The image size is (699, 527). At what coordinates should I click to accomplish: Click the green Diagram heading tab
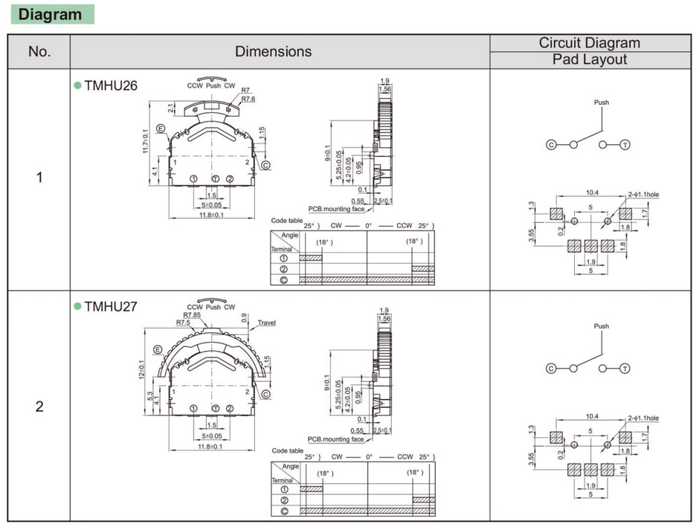(x=51, y=14)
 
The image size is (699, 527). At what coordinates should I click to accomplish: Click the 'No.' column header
(x=39, y=51)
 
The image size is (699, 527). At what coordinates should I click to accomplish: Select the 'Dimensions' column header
(x=273, y=51)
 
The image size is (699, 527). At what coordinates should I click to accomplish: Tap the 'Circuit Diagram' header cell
(x=589, y=43)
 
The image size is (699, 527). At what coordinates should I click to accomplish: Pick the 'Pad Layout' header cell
(x=589, y=59)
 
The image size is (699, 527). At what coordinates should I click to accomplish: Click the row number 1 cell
(x=39, y=178)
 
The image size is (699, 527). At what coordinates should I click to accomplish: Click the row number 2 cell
(x=39, y=407)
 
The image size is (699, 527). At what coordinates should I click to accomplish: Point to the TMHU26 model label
(x=110, y=85)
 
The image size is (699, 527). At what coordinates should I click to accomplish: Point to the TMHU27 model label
(x=110, y=306)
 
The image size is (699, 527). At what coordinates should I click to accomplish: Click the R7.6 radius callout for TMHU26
(x=248, y=99)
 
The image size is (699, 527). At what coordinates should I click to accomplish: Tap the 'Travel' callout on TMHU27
(x=267, y=323)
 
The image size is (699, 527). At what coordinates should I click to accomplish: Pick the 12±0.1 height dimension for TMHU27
(x=142, y=366)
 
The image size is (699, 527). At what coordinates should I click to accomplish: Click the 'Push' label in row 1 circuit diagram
(x=602, y=103)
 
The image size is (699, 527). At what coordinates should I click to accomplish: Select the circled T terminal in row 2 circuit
(x=625, y=368)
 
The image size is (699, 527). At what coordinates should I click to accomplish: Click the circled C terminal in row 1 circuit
(x=552, y=144)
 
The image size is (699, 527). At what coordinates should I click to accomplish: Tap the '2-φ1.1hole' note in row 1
(x=643, y=195)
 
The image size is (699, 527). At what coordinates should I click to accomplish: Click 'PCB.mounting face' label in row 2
(x=336, y=439)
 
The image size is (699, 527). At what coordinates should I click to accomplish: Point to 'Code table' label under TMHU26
(x=286, y=221)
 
